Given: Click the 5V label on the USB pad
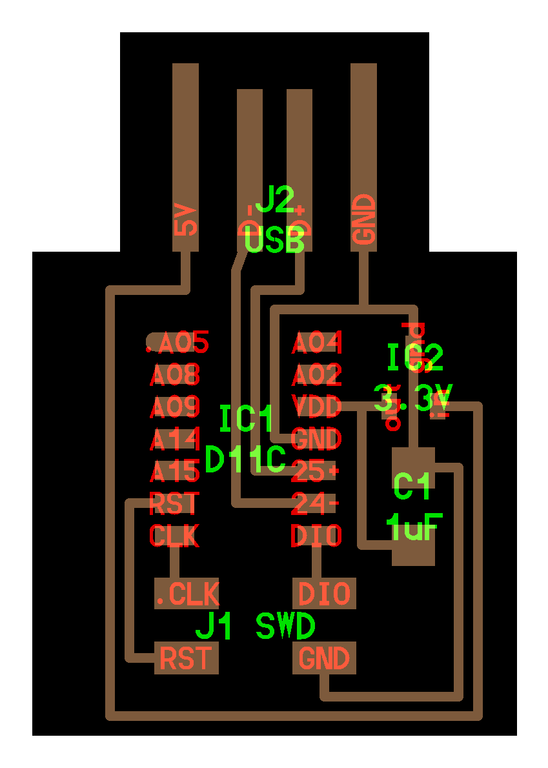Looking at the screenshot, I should click(185, 220).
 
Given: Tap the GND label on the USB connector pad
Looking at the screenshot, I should click(364, 219).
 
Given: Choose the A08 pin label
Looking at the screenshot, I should click(175, 374).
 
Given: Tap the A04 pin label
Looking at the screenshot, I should click(316, 343).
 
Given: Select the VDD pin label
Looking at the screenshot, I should click(316, 407).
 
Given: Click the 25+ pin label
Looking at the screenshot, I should click(316, 472).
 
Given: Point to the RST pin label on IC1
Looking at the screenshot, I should click(174, 503).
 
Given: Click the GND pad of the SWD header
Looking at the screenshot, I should click(324, 659).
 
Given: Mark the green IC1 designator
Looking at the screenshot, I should click(247, 419).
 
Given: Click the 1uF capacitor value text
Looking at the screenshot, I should click(414, 529).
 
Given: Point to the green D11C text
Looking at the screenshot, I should click(245, 460).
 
